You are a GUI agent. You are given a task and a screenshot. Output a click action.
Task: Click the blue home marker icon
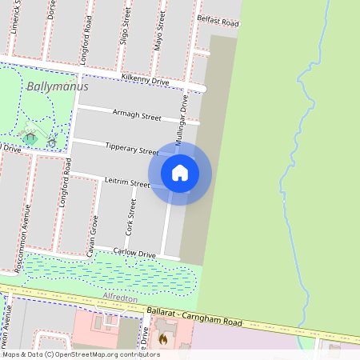coord(180,173)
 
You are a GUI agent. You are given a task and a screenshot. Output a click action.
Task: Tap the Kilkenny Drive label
coord(145,79)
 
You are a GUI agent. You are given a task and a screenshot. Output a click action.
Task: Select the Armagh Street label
coord(137,116)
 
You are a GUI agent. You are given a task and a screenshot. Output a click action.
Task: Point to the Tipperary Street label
coord(132,149)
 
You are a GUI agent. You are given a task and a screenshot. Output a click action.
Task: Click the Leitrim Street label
coord(127,183)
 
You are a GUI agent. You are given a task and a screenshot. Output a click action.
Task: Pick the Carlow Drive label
coord(134,254)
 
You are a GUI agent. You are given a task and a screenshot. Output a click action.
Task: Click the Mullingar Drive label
coord(184,117)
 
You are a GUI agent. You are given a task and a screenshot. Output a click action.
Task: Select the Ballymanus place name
coord(57,86)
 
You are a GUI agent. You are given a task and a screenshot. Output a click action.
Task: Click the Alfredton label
coord(122,298)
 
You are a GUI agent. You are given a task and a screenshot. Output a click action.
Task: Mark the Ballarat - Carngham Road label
coord(206,315)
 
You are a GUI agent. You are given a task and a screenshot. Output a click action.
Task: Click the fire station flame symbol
coord(162,340)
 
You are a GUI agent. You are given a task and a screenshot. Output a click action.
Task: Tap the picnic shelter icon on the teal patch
coord(30,138)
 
